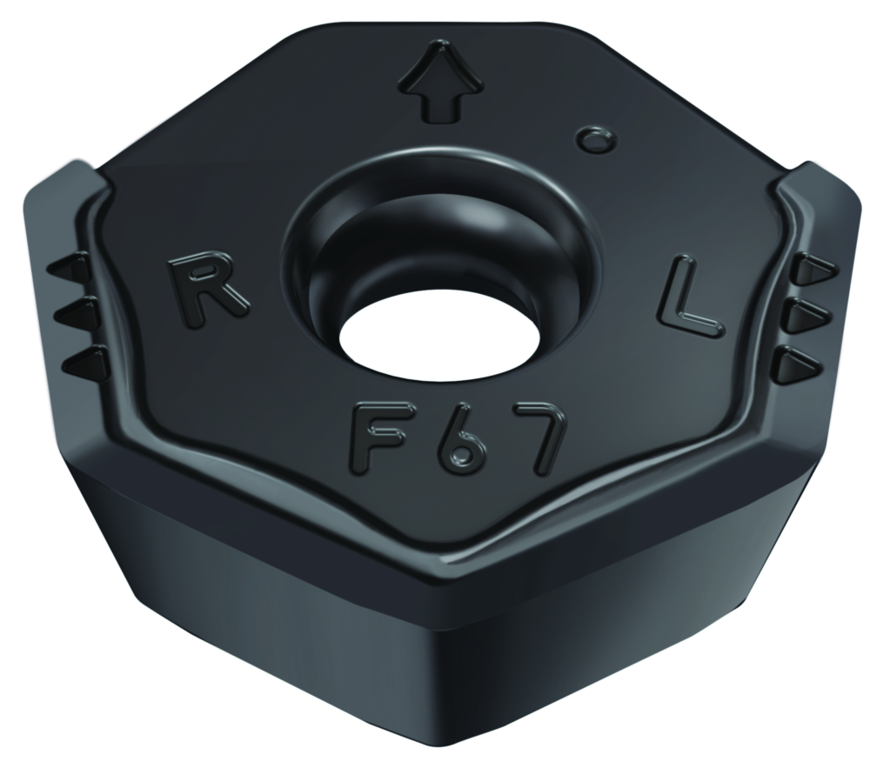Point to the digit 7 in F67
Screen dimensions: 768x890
[x=539, y=440]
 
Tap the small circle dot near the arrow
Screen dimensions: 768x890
[x=596, y=139]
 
